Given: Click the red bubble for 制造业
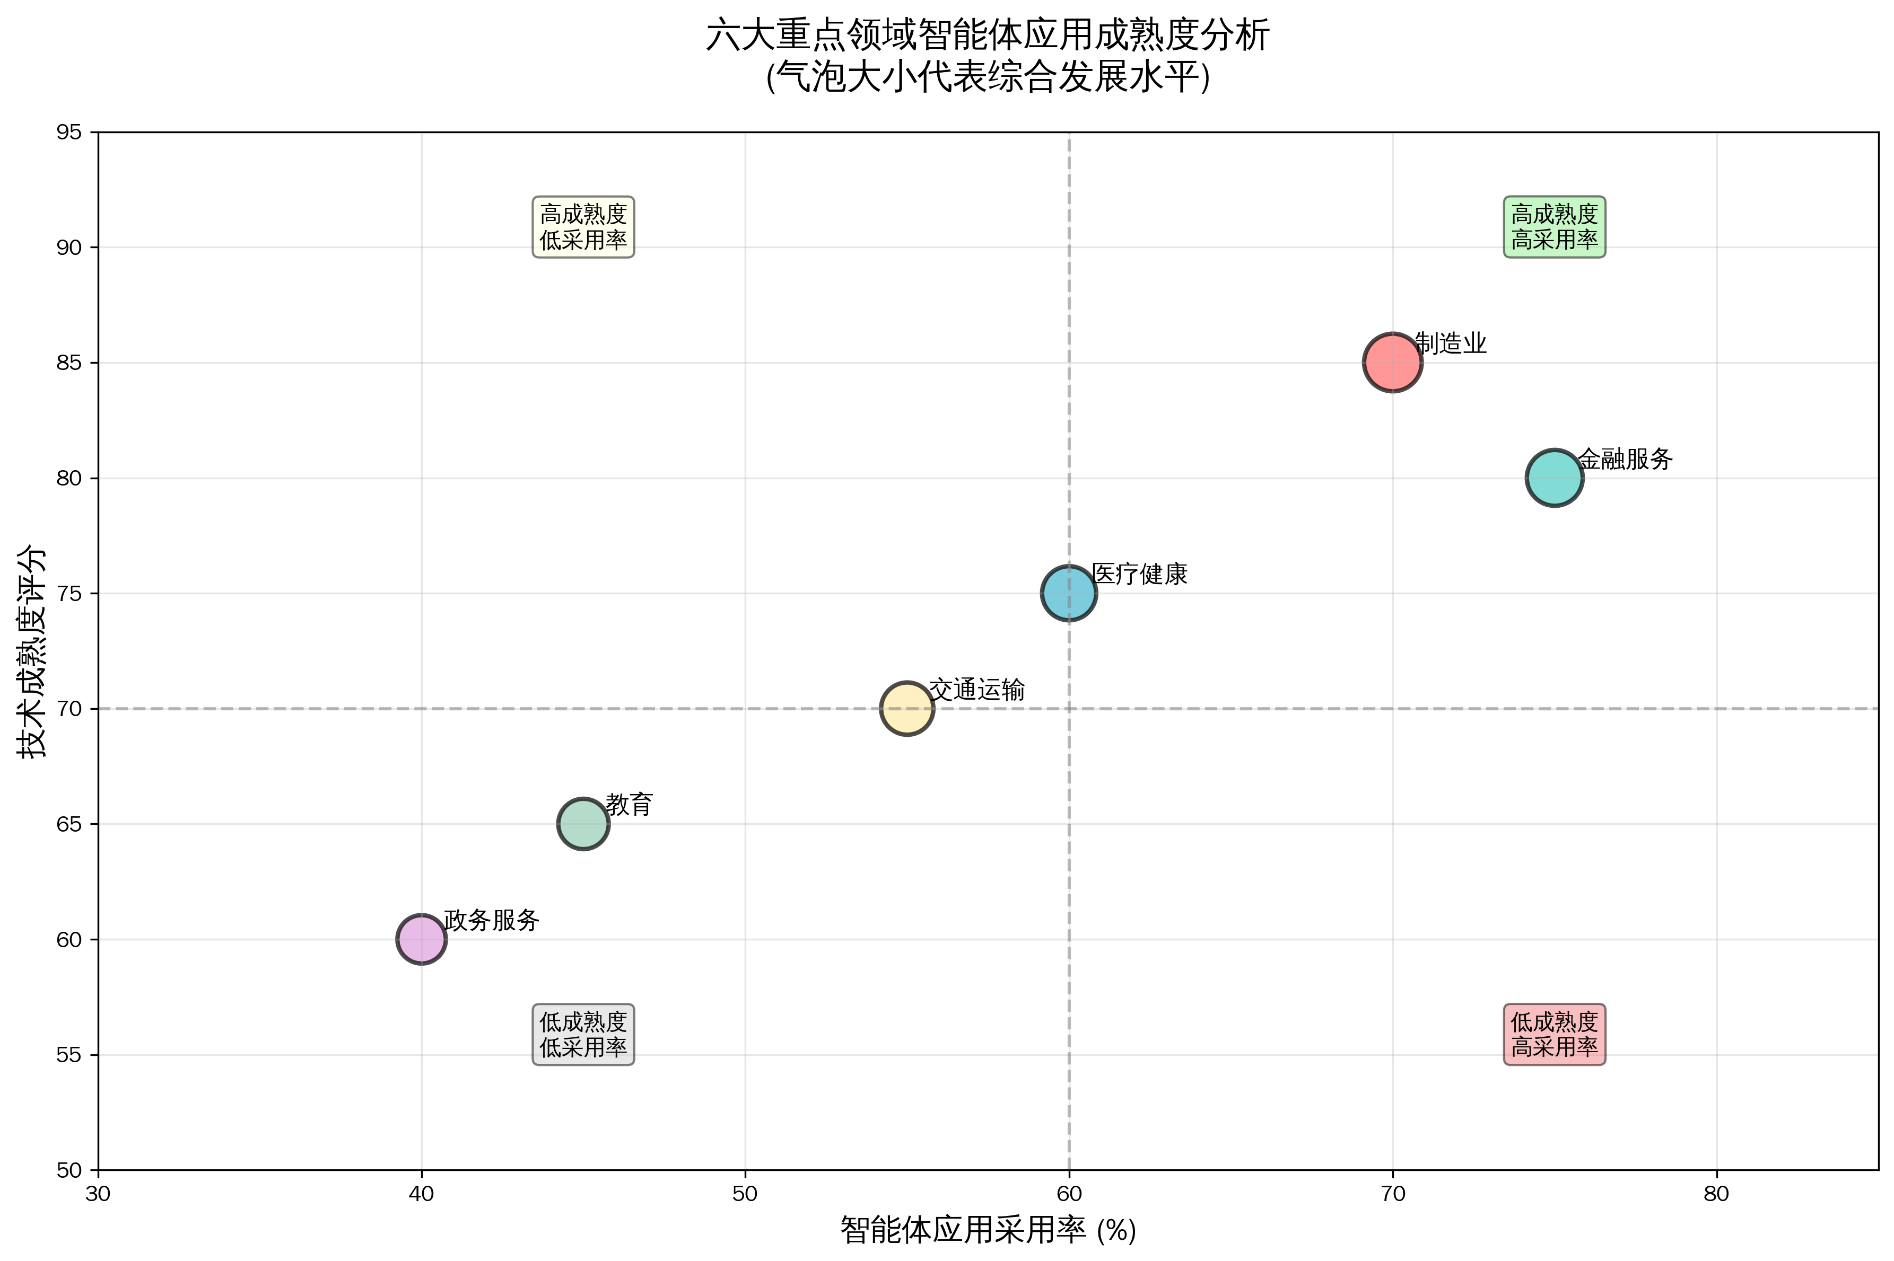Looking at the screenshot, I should pyautogui.click(x=1392, y=363).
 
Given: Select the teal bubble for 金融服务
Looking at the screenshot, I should pyautogui.click(x=1555, y=478).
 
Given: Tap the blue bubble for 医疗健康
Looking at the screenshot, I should pyautogui.click(x=1069, y=594).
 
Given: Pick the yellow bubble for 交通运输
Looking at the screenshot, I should pyautogui.click(x=907, y=709).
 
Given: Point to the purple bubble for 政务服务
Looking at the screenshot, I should pyautogui.click(x=421, y=939).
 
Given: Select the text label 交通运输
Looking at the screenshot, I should pyautogui.click(x=977, y=690).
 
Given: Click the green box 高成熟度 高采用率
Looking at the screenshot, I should pyautogui.click(x=1555, y=227).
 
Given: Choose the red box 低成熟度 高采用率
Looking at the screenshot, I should pyautogui.click(x=1555, y=1034).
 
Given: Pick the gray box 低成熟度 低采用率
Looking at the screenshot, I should pyautogui.click(x=583, y=1034).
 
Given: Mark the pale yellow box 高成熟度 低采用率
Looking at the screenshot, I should pyautogui.click(x=583, y=227).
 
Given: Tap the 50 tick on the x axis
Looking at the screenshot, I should pyautogui.click(x=745, y=1194).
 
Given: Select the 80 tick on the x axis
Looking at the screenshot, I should pyautogui.click(x=1716, y=1194).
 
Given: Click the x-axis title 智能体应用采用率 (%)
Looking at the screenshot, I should pyautogui.click(x=988, y=1230).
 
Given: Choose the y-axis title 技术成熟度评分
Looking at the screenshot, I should pyautogui.click(x=32, y=651).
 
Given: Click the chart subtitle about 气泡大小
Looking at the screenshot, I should pyautogui.click(x=988, y=78).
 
